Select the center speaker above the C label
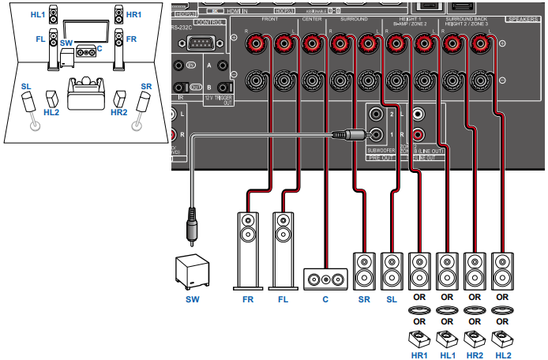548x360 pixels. coord(325,279)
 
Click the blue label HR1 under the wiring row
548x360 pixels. coord(419,355)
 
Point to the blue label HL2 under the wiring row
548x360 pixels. coord(502,355)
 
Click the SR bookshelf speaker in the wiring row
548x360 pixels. coord(363,270)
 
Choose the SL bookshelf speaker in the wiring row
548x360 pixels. coord(392,270)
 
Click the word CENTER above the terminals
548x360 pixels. coord(309,19)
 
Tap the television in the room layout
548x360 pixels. coord(84,31)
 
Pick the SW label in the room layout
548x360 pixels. coord(67,41)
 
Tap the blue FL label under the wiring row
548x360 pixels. coord(283,301)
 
